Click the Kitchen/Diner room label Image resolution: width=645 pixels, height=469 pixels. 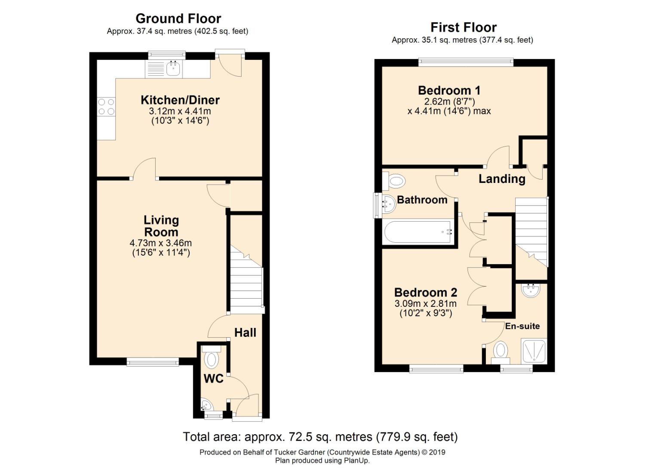tap(180, 100)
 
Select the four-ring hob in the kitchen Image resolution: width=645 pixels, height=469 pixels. tap(106, 107)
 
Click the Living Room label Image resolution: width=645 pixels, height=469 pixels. tap(161, 226)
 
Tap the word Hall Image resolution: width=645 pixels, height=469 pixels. tap(245, 333)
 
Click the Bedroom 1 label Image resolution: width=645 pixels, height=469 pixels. tap(449, 90)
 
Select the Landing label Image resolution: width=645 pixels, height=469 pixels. tap(502, 179)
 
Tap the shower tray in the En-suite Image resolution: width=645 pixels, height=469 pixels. tap(534, 351)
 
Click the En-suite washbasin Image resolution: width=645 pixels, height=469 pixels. tap(530, 290)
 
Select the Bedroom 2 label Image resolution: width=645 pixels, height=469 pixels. tap(426, 293)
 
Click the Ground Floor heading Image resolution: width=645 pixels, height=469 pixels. tap(178, 19)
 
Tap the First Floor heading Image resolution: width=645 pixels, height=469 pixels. tap(463, 28)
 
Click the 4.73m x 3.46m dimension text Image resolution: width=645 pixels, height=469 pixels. tap(161, 243)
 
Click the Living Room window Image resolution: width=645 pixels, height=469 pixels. tap(153, 362)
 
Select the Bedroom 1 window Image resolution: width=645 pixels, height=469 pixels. tap(466, 62)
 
